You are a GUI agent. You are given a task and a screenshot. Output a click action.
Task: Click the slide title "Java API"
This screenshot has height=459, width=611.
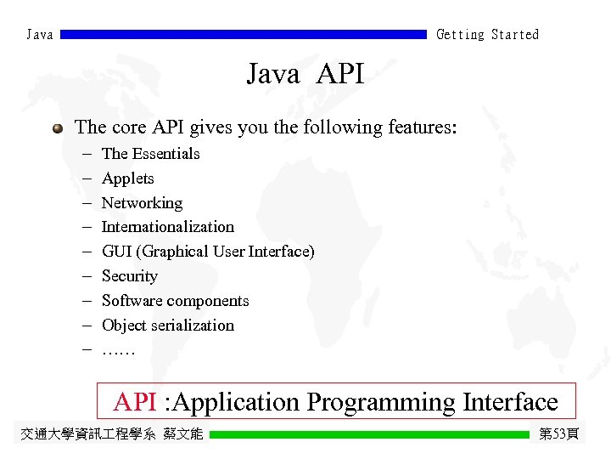(x=305, y=75)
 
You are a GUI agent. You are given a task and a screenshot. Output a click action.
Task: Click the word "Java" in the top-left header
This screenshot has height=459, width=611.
(x=40, y=35)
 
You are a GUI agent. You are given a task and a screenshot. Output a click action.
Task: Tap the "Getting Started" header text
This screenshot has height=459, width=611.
(x=487, y=35)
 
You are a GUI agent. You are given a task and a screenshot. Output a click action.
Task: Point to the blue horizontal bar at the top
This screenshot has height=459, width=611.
(x=244, y=35)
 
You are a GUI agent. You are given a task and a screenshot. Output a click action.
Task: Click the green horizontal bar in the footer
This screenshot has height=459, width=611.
(x=369, y=434)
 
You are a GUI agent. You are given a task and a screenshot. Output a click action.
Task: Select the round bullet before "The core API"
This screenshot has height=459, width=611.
(x=57, y=128)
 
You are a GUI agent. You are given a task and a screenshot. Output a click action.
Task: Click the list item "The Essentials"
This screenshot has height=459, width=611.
(x=150, y=154)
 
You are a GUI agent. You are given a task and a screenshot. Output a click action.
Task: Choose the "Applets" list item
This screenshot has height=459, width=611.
(x=127, y=178)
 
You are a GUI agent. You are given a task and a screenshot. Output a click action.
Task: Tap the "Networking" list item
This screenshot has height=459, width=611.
(x=142, y=203)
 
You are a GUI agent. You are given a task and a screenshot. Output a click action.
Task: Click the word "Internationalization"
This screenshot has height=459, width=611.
(x=167, y=227)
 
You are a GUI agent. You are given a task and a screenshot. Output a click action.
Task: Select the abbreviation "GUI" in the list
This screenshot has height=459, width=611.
(x=117, y=252)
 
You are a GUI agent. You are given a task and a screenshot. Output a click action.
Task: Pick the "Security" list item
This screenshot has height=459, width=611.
(x=129, y=276)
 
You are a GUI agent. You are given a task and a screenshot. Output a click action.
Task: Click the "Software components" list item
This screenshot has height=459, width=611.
(x=175, y=301)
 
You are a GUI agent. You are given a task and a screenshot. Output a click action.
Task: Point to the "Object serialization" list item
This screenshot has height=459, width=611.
(x=167, y=326)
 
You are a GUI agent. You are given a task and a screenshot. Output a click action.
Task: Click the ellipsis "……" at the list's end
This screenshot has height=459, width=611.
(x=118, y=349)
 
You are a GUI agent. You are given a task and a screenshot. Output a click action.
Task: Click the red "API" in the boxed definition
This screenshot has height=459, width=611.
(x=134, y=401)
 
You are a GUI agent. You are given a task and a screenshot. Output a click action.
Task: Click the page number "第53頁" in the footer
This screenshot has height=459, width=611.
(x=559, y=434)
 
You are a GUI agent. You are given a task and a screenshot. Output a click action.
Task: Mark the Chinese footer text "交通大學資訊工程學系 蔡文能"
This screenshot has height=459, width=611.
(x=111, y=434)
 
